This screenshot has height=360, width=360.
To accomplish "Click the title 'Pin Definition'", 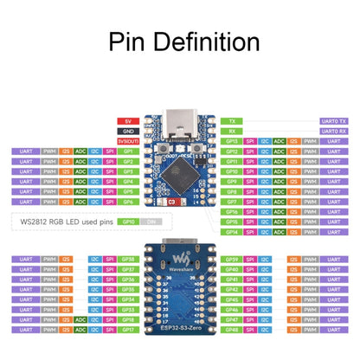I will [x=180, y=42].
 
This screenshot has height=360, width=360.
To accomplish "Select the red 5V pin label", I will [x=127, y=120].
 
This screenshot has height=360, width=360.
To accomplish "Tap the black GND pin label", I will [x=127, y=130].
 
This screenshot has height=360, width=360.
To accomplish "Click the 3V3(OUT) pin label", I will [x=127, y=140].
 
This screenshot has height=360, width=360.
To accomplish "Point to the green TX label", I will [x=231, y=120].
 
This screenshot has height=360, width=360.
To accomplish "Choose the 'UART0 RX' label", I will [x=334, y=130].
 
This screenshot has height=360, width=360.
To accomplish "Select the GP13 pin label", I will [x=231, y=140].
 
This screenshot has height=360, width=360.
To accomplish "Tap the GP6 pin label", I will [x=127, y=202].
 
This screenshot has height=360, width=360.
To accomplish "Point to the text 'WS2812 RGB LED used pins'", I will [x=66, y=222].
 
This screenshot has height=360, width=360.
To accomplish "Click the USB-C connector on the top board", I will [x=180, y=120].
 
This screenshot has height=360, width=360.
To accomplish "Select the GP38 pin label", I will [x=127, y=258].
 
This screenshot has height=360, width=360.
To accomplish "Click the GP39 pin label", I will [x=231, y=258].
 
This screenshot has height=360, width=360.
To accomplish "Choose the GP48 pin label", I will [x=231, y=330].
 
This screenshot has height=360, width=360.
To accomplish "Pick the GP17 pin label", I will [x=127, y=330].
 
